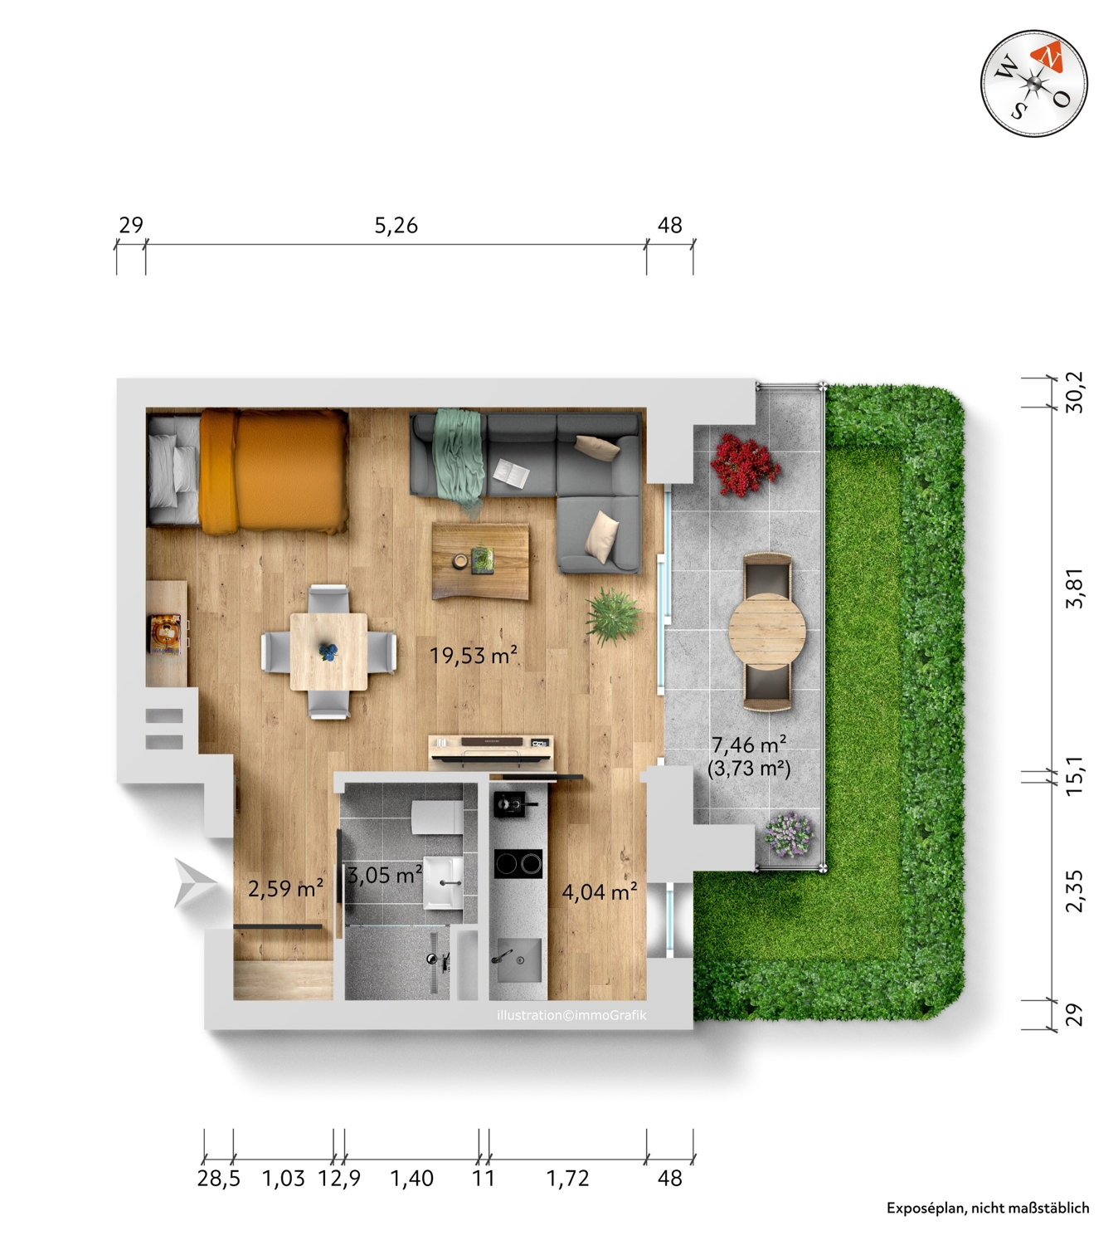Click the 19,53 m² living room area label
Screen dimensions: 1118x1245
(x=474, y=655)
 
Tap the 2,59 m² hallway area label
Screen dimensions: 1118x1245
(x=285, y=888)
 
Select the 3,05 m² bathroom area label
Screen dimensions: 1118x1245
(x=386, y=875)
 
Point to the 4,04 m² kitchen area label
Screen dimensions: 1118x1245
(x=600, y=892)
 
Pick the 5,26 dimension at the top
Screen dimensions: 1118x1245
(x=396, y=225)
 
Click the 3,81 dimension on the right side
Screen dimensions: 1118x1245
(x=1074, y=588)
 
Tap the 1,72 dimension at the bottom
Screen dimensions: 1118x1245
(x=567, y=1177)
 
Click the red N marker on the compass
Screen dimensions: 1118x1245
(x=1048, y=58)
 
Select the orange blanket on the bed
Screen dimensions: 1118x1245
(x=274, y=471)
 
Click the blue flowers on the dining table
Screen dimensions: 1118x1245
(x=328, y=651)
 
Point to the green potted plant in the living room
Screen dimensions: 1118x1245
(x=613, y=617)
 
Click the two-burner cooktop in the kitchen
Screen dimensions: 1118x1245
(x=518, y=863)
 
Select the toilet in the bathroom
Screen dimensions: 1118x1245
(x=437, y=818)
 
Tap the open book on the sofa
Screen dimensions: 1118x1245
(x=511, y=474)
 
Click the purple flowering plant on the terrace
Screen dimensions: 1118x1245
(x=789, y=834)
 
